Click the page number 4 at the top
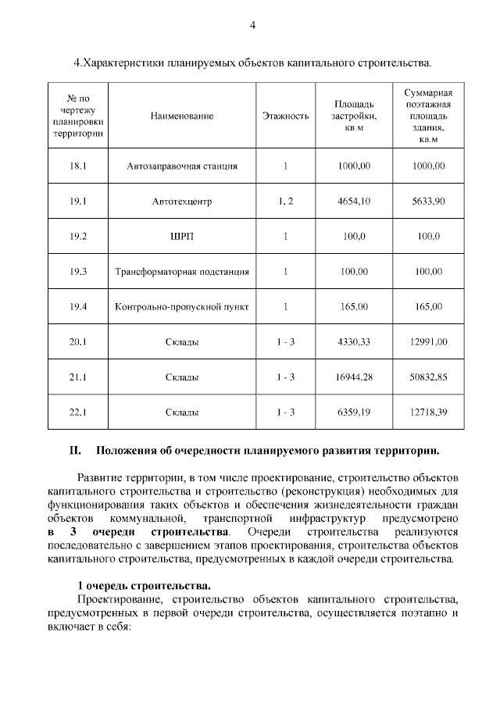click(x=252, y=25)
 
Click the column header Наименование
click(x=182, y=116)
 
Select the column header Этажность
click(x=286, y=116)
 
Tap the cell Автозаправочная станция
click(x=182, y=166)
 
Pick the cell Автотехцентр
click(x=182, y=202)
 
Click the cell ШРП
click(x=182, y=237)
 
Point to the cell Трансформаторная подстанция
click(x=182, y=272)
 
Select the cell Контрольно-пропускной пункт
click(x=182, y=307)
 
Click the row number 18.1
click(x=77, y=166)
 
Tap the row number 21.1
click(x=77, y=377)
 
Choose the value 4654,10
click(x=353, y=202)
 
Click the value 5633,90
click(x=428, y=202)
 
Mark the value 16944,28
click(x=353, y=377)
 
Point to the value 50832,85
click(x=428, y=377)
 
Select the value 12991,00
click(x=428, y=342)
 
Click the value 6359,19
click(x=353, y=412)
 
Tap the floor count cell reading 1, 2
click(x=286, y=202)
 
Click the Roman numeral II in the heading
click(x=77, y=451)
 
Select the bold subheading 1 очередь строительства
click(x=144, y=585)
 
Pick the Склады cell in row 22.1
click(x=182, y=412)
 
